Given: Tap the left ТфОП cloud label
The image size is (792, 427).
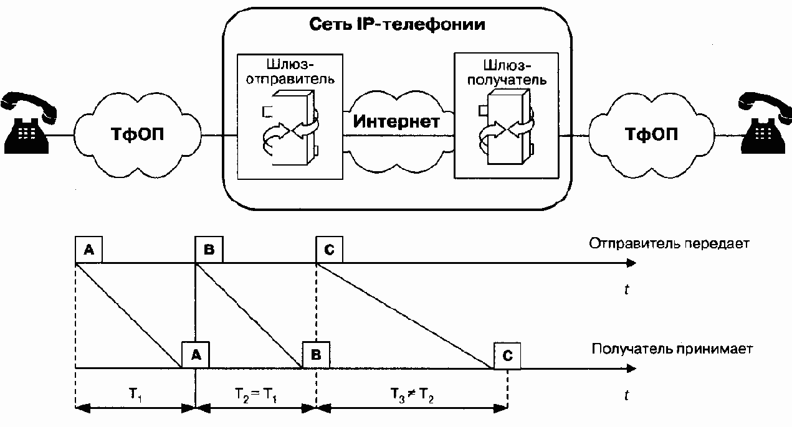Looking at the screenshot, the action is [x=137, y=134].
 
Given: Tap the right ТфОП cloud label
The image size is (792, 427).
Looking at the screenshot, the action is [x=651, y=134].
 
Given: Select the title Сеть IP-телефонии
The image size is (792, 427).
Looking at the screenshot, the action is [x=397, y=25].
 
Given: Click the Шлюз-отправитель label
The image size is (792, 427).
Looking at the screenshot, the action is [x=290, y=72].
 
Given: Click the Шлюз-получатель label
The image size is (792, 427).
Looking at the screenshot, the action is [x=507, y=73].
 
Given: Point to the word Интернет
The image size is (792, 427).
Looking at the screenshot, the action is [x=396, y=121].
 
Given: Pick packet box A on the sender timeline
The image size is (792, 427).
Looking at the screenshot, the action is [x=88, y=250].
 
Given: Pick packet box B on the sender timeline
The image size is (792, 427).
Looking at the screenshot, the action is [x=209, y=250].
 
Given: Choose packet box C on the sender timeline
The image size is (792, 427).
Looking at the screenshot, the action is [x=329, y=250].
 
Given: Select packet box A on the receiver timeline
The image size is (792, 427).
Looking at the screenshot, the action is [x=196, y=355].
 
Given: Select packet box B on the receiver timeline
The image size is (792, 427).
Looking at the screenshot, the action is [x=316, y=355].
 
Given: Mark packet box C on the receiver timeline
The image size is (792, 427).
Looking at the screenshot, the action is [x=507, y=355].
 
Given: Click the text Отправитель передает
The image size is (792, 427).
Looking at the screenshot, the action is [x=669, y=244].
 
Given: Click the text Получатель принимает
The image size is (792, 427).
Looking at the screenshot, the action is [x=672, y=349].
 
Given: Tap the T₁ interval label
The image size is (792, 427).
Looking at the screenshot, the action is [x=135, y=395].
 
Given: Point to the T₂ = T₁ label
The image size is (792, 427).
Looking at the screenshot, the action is [x=255, y=395].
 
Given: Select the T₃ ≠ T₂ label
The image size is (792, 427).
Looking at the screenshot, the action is [x=413, y=395].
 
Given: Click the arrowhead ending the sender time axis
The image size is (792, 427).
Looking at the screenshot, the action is [x=631, y=263].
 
